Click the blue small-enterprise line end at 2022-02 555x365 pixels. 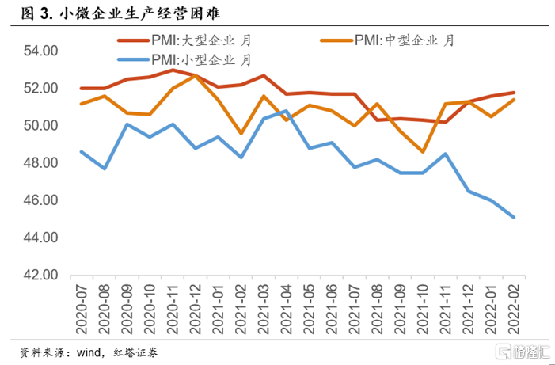tap(514, 217)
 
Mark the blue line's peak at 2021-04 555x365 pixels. tap(287, 111)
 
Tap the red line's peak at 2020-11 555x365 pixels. tap(173, 70)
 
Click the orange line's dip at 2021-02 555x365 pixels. tap(241, 133)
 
